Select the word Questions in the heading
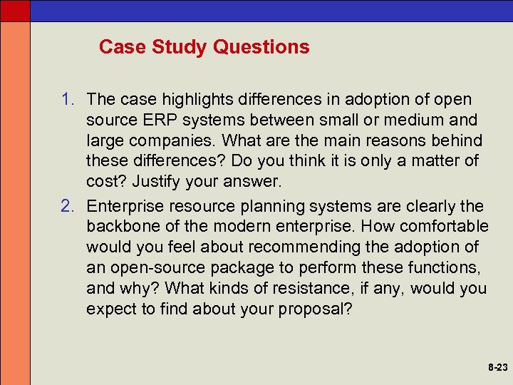coord(261,47)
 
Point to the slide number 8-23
coord(497,368)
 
